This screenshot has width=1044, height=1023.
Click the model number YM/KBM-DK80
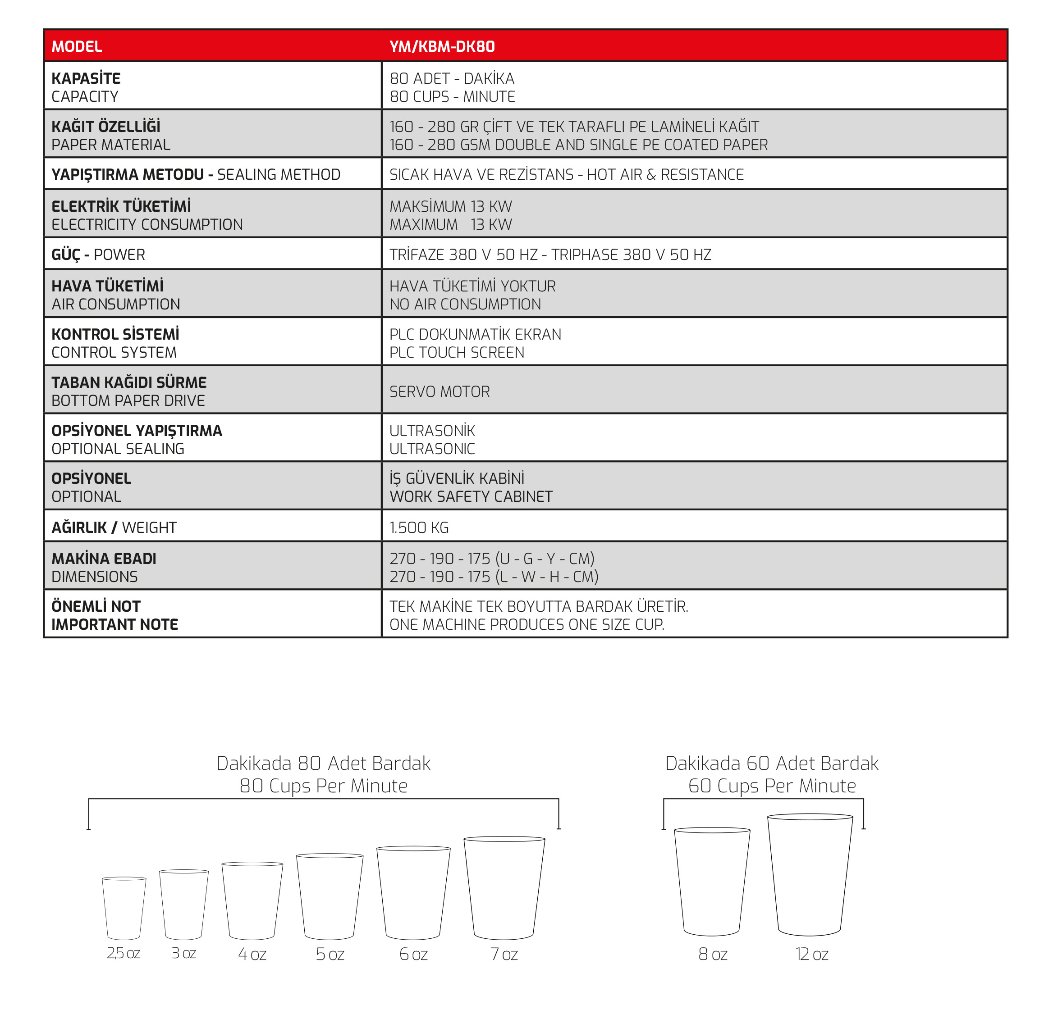click(x=441, y=47)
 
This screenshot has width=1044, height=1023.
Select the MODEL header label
click(x=76, y=47)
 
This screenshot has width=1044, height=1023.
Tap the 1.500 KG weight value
click(x=419, y=527)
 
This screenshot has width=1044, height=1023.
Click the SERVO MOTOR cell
click(x=439, y=392)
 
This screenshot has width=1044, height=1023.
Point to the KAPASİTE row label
click(x=86, y=78)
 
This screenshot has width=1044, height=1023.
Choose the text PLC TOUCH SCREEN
click(x=457, y=352)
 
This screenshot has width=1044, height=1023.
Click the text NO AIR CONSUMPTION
click(x=465, y=304)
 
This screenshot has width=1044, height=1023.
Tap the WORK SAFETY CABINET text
click(x=471, y=496)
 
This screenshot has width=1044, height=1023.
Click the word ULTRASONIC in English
click(x=432, y=449)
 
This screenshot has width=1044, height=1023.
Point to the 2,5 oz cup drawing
click(x=124, y=908)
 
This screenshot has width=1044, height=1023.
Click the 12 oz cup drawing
click(x=810, y=875)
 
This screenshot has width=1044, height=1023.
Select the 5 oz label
click(x=330, y=954)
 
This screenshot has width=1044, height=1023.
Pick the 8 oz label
click(x=712, y=954)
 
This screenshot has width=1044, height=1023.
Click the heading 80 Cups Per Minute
click(x=323, y=786)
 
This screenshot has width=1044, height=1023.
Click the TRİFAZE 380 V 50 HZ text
click(x=463, y=255)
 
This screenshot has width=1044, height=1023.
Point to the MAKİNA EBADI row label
click(x=104, y=559)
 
